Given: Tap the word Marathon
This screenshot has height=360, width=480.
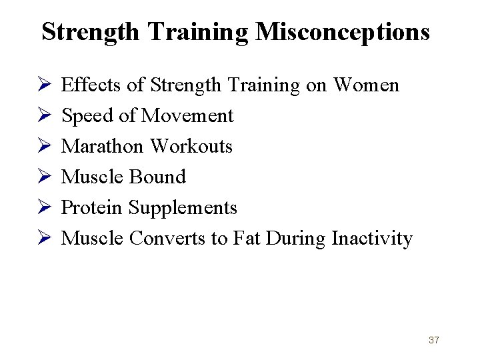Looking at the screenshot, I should coord(104,146).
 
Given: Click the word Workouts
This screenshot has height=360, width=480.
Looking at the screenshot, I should coord(192,146).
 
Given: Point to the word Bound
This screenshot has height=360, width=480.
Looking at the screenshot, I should coord(159,177).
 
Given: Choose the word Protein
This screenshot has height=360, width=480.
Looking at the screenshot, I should coord(92,207).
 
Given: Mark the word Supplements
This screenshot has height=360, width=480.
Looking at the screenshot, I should coord(183,207).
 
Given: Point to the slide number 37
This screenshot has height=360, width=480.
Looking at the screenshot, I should coord(434,340).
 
